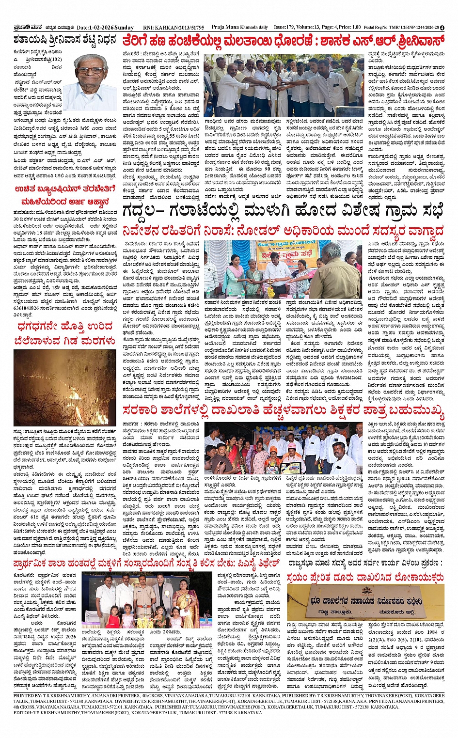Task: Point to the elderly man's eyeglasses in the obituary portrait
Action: click(91, 70)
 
